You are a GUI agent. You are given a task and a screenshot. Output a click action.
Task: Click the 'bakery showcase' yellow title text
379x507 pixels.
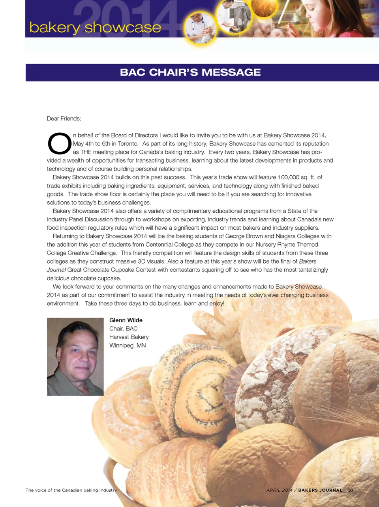[95, 28]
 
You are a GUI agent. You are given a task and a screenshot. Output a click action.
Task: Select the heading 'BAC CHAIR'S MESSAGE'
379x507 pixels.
[190, 72]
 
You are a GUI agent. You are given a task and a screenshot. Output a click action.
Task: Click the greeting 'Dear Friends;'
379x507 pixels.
[64, 119]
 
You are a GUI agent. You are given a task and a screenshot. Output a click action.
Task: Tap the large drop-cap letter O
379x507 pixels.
[59, 144]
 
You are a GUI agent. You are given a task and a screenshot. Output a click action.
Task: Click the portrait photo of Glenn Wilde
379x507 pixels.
[75, 357]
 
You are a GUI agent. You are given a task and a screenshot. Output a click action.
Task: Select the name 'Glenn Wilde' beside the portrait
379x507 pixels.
[126, 320]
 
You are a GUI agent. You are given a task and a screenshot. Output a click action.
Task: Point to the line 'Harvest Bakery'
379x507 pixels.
[129, 337]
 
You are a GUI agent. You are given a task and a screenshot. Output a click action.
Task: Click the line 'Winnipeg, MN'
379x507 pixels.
[128, 345]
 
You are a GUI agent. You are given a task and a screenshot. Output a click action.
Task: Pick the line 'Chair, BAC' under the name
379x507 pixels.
[123, 329]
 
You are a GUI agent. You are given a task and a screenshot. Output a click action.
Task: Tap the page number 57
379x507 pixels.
[351, 490]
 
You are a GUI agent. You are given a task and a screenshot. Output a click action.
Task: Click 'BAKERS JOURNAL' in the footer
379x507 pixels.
[320, 490]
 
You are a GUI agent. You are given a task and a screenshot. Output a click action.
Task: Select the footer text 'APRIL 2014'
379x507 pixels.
[280, 490]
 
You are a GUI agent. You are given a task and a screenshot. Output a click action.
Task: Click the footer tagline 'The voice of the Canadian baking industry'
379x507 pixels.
[71, 490]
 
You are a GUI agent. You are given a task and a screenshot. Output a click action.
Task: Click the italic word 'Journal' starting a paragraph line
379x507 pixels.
[56, 270]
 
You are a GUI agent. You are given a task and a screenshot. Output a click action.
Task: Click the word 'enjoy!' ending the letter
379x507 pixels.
[216, 304]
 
